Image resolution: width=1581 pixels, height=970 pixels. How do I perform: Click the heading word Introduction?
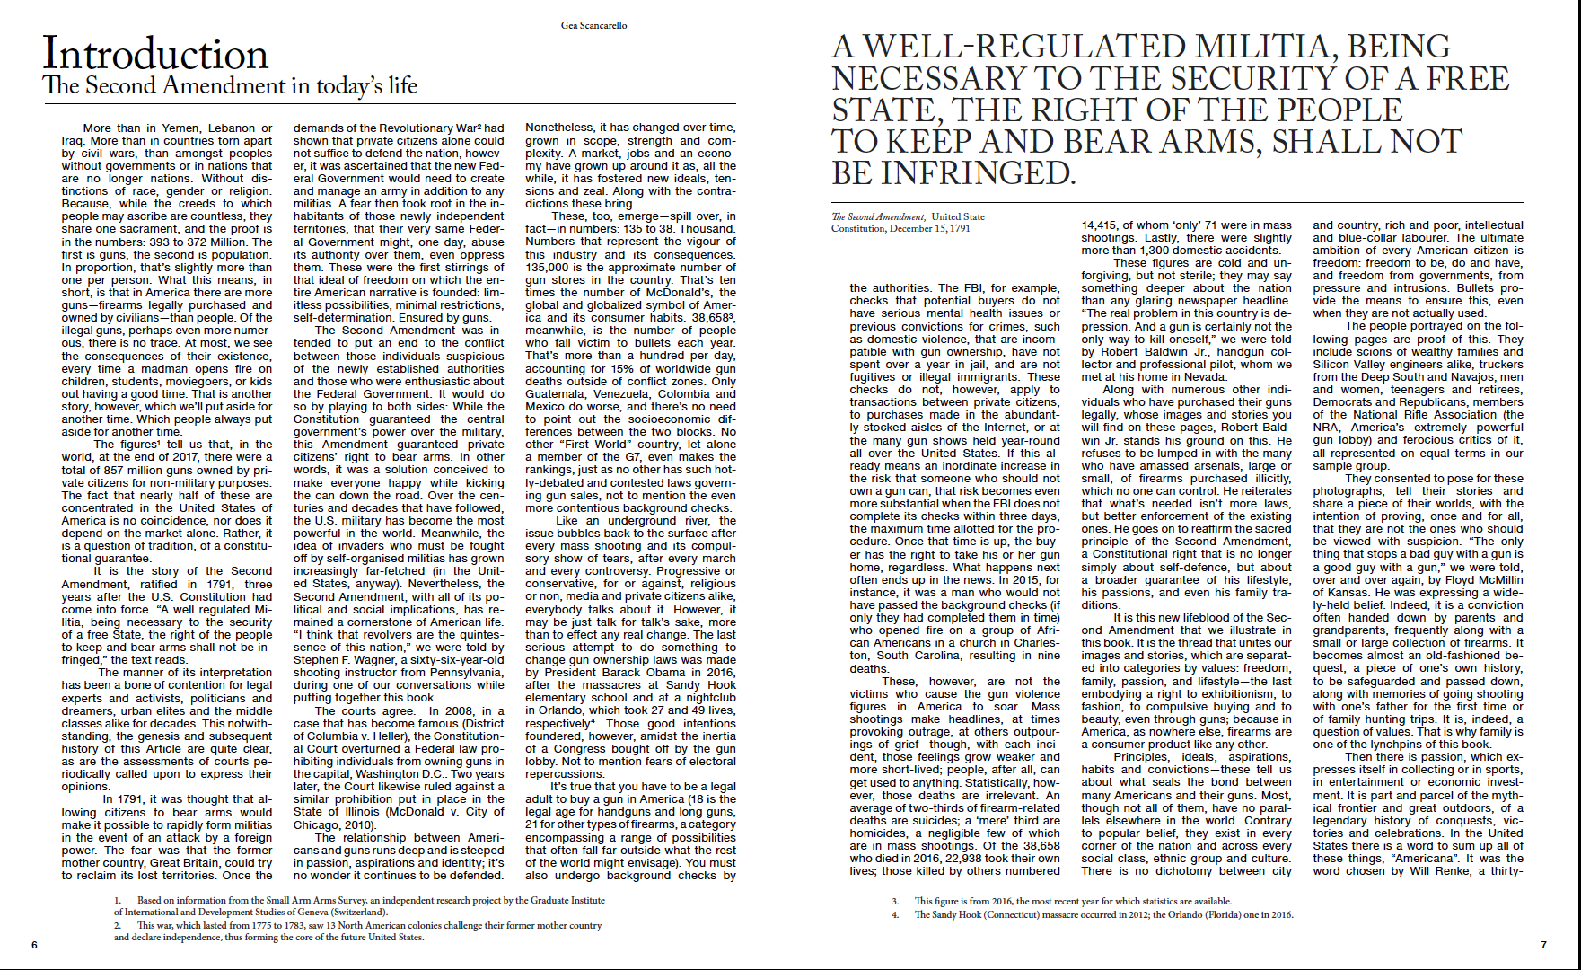155,54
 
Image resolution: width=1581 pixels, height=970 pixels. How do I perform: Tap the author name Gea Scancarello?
594,25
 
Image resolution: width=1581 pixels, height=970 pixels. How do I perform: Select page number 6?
34,944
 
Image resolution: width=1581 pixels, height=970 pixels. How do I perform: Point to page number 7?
1543,944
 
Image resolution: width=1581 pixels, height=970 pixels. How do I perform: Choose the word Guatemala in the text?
555,394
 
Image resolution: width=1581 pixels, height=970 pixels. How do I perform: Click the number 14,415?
1104,225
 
